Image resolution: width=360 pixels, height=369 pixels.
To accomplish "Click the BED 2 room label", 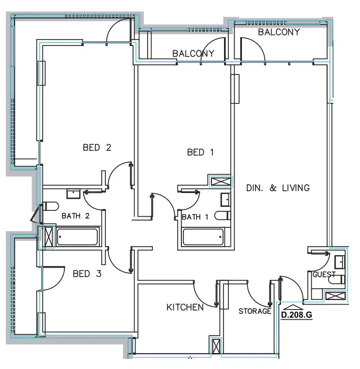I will [x=97, y=148].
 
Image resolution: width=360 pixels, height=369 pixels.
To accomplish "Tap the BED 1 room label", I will [x=200, y=152].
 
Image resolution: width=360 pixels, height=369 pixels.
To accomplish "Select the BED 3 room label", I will [x=87, y=274].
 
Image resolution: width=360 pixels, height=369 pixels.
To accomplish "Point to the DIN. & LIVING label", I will [x=278, y=188].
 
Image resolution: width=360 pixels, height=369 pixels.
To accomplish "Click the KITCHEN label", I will [x=185, y=307].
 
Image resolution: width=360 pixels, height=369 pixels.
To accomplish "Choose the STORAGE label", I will [x=255, y=311].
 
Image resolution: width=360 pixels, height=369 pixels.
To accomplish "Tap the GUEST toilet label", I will [x=324, y=274].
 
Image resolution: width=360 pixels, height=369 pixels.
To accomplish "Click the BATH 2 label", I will [x=75, y=216].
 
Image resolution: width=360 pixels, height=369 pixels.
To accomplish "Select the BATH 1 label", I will [x=195, y=217].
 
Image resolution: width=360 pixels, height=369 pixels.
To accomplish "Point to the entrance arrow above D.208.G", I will [x=293, y=306].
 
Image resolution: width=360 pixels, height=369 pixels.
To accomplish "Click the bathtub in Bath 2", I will [x=77, y=237].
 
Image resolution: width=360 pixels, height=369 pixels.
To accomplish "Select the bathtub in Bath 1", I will [x=203, y=237].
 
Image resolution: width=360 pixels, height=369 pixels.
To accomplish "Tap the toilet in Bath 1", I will [x=224, y=215].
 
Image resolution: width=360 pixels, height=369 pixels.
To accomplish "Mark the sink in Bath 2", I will [x=74, y=194].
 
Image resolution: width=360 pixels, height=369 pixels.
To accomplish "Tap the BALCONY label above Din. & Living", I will [x=279, y=32].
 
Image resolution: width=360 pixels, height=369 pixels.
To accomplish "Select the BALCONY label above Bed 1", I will [x=193, y=54].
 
